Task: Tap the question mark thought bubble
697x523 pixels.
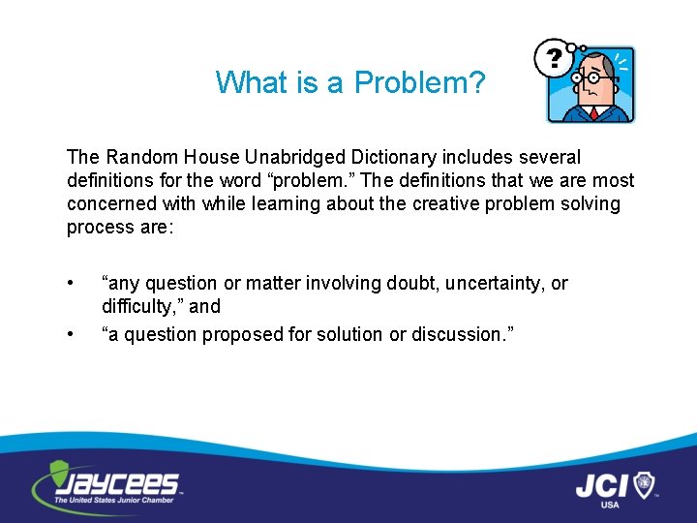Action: coord(554,58)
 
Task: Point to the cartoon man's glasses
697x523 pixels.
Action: coord(592,78)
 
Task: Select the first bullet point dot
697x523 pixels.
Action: coord(71,283)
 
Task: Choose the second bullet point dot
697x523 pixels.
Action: coord(71,334)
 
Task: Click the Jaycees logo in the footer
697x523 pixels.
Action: coord(106,484)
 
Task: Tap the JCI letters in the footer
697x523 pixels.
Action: coord(604,483)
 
